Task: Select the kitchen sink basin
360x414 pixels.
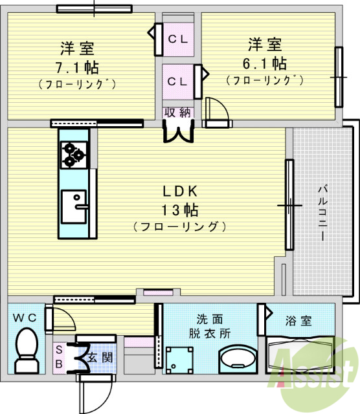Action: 75,206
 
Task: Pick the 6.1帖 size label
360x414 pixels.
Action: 265,63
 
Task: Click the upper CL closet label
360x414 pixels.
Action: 177,39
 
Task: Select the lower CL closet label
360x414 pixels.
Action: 177,82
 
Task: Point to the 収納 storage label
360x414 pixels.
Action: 177,112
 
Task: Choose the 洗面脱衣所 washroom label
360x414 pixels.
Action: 210,326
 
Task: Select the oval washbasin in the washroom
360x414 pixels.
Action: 234,360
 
